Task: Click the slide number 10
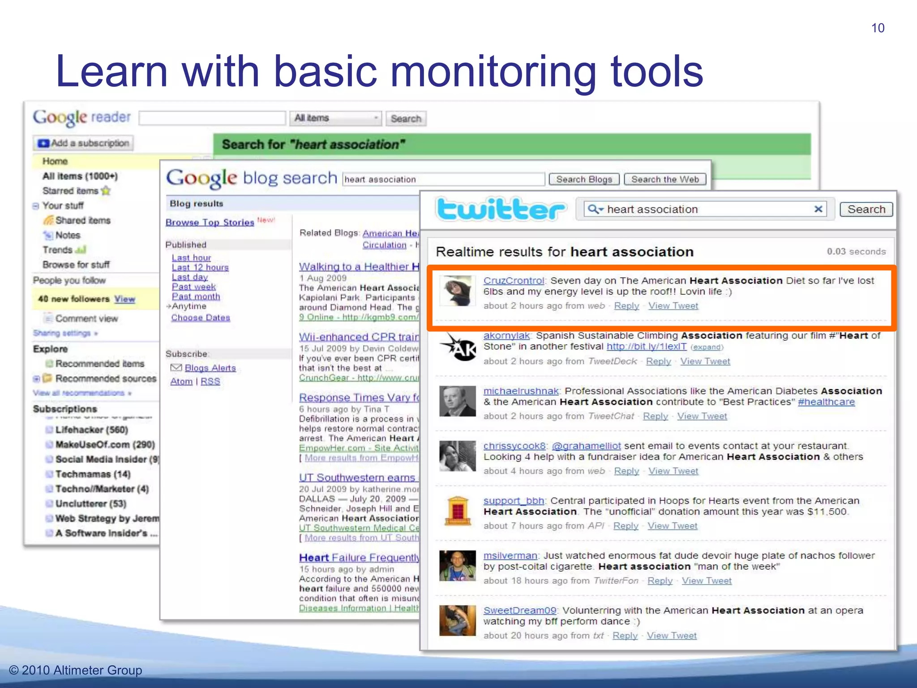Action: point(878,28)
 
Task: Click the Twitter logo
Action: point(501,210)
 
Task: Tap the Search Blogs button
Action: point(584,180)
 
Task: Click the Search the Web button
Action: point(665,180)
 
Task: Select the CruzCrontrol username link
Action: point(513,281)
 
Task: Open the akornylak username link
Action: point(506,336)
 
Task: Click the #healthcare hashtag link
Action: point(826,402)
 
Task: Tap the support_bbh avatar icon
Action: point(457,511)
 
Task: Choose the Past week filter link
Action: point(194,287)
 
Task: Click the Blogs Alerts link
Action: point(210,368)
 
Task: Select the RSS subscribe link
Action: point(210,382)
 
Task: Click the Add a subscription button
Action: point(83,143)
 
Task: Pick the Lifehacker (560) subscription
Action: point(91,430)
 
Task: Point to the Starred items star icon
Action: point(106,191)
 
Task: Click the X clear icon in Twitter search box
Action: point(818,209)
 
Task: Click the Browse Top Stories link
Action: point(210,223)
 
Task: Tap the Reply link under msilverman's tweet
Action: point(660,581)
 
